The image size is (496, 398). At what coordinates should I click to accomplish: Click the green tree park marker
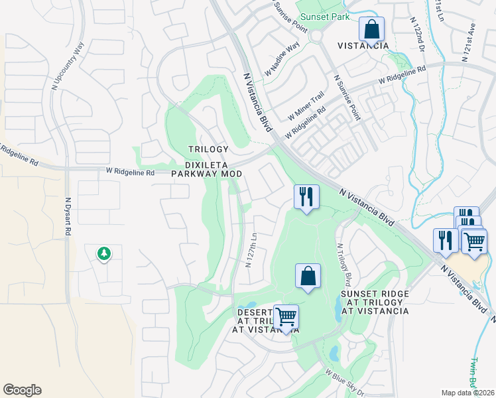point(103,253)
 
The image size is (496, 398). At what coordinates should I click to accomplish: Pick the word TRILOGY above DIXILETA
point(208,149)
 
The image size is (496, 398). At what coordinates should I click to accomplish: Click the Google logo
point(22,390)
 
